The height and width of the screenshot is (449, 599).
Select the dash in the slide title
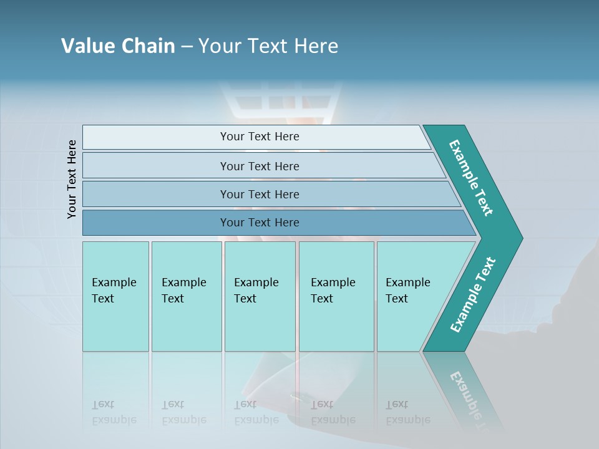187,47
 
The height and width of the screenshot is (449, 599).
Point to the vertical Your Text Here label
72,179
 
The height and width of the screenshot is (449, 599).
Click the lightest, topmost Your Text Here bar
259,137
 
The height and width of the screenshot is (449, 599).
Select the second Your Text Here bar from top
259,166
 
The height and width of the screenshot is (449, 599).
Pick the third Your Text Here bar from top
259,194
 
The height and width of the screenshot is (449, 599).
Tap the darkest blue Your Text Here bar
259,223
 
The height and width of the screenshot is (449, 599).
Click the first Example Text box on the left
115,296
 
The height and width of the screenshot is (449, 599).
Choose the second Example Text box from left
186,296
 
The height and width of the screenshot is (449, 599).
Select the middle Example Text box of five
260,296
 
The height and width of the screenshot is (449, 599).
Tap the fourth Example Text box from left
336,296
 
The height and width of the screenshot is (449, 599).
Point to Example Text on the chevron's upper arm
471,178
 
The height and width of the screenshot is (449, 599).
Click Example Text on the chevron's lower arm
472,295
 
